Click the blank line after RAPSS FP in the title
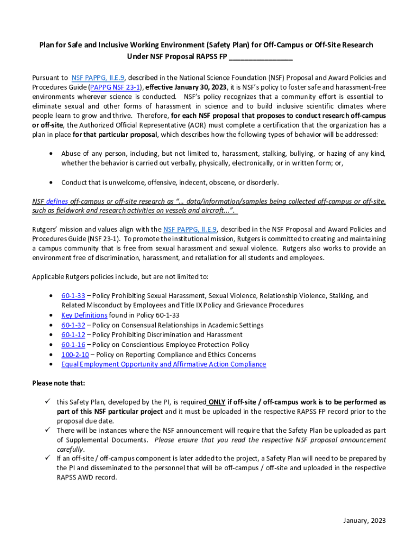click(x=261, y=56)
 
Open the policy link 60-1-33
click(x=73, y=296)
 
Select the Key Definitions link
click(x=84, y=315)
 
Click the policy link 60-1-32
click(x=73, y=325)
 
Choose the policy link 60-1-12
click(x=73, y=335)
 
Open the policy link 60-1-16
click(x=73, y=345)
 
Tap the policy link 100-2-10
click(x=75, y=355)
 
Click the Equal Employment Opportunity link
click(x=163, y=364)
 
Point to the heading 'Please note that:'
click(x=59, y=383)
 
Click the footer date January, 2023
click(x=364, y=521)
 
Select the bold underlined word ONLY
click(x=217, y=403)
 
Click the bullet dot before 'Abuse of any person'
click(x=50, y=154)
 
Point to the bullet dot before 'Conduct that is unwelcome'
click(x=50, y=182)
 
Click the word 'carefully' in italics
click(x=71, y=450)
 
